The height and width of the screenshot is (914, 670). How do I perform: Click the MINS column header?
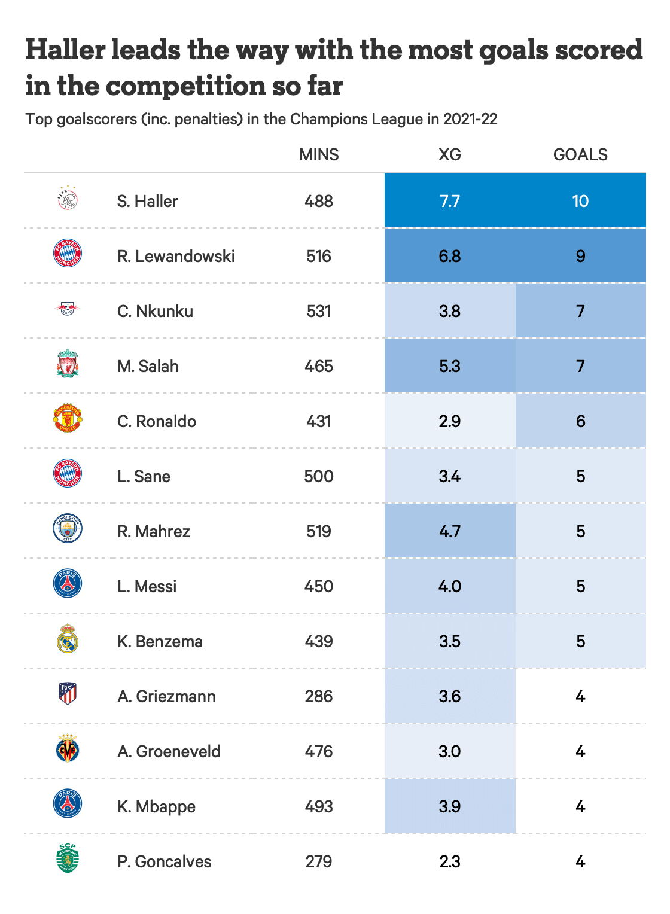pyautogui.click(x=319, y=154)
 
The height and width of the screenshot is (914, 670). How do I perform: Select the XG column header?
pyautogui.click(x=450, y=154)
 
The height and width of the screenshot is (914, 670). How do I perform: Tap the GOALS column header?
pyautogui.click(x=580, y=154)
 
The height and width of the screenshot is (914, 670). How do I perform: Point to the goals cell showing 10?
pyautogui.click(x=580, y=201)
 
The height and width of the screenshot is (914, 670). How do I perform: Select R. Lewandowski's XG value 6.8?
pyautogui.click(x=450, y=256)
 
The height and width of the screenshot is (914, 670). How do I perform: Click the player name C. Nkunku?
pyautogui.click(x=156, y=311)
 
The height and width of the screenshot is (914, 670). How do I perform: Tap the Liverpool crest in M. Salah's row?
pyautogui.click(x=68, y=364)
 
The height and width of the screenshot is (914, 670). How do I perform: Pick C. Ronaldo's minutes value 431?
pyautogui.click(x=319, y=421)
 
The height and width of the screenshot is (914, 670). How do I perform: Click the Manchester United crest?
pyautogui.click(x=68, y=418)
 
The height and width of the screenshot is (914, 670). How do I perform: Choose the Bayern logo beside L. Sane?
pyautogui.click(x=68, y=473)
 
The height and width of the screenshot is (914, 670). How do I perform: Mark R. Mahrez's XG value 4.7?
pyautogui.click(x=450, y=531)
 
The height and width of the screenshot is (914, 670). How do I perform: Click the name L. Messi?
pyautogui.click(x=147, y=586)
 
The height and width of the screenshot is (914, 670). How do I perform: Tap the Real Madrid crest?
pyautogui.click(x=68, y=638)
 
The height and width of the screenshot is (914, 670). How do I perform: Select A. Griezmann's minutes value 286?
pyautogui.click(x=319, y=696)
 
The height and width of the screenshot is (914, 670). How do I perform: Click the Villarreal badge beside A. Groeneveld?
pyautogui.click(x=68, y=749)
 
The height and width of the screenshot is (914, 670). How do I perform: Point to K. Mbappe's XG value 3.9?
pyautogui.click(x=450, y=806)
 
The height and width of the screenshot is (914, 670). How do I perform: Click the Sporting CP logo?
pyautogui.click(x=68, y=858)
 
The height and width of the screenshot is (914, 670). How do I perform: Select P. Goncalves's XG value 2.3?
pyautogui.click(x=450, y=861)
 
